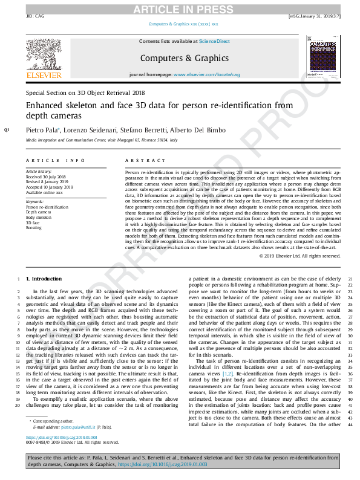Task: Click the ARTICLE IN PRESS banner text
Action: click(180, 8)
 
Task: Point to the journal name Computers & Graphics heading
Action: click(185, 58)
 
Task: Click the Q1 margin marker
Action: click(7, 130)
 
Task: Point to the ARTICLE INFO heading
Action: click(55, 160)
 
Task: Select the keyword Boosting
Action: click(34, 228)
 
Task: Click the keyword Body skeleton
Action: click(38, 218)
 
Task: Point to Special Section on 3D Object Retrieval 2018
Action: click(85, 93)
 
